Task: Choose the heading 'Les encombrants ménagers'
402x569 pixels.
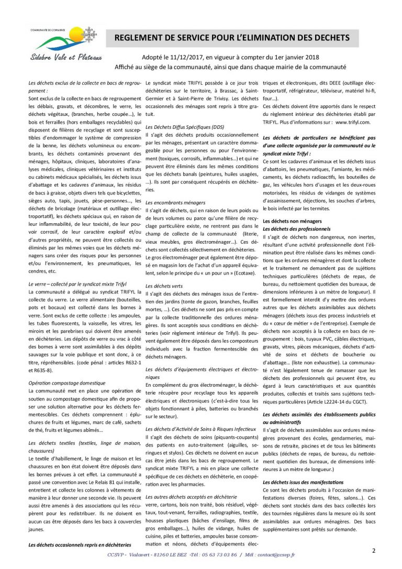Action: [175, 202]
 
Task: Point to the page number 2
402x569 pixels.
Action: [374, 551]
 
